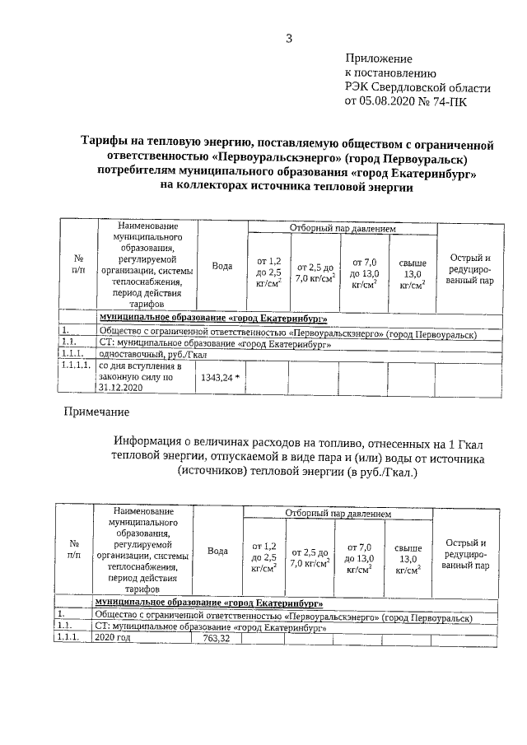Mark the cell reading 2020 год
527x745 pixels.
point(113,638)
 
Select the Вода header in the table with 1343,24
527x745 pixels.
point(221,266)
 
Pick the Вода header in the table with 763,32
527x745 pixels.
point(217,552)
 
